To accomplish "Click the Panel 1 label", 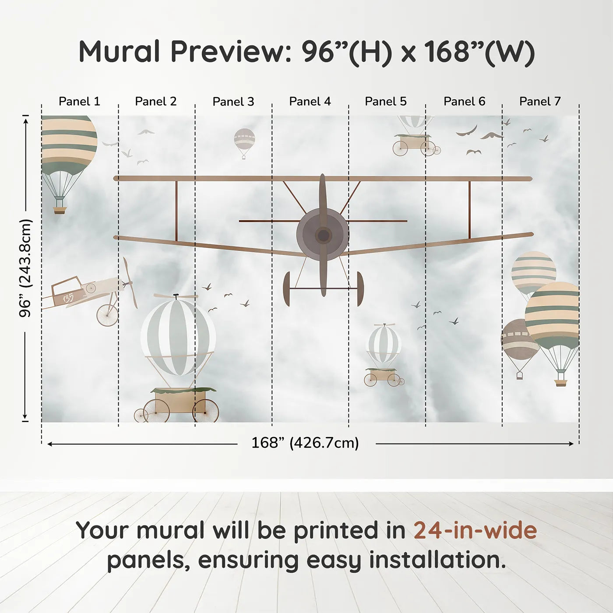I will pyautogui.click(x=79, y=102).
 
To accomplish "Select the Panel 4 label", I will pyautogui.click(x=310, y=102).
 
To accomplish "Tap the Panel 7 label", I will pyautogui.click(x=540, y=102).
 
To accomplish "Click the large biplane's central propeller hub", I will pyautogui.click(x=323, y=236).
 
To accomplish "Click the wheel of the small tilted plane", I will pyautogui.click(x=107, y=315).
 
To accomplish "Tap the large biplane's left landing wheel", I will pyautogui.click(x=287, y=289).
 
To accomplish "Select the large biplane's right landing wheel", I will pyautogui.click(x=360, y=289).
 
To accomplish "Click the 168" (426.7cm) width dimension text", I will pyautogui.click(x=305, y=443).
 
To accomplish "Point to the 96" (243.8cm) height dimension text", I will pyautogui.click(x=25, y=268).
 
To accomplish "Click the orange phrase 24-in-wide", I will pyautogui.click(x=475, y=530).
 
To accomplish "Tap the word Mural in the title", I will pyautogui.click(x=119, y=52).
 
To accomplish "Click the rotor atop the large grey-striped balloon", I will pyautogui.click(x=176, y=296).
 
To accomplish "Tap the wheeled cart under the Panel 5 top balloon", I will pyautogui.click(x=414, y=145).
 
